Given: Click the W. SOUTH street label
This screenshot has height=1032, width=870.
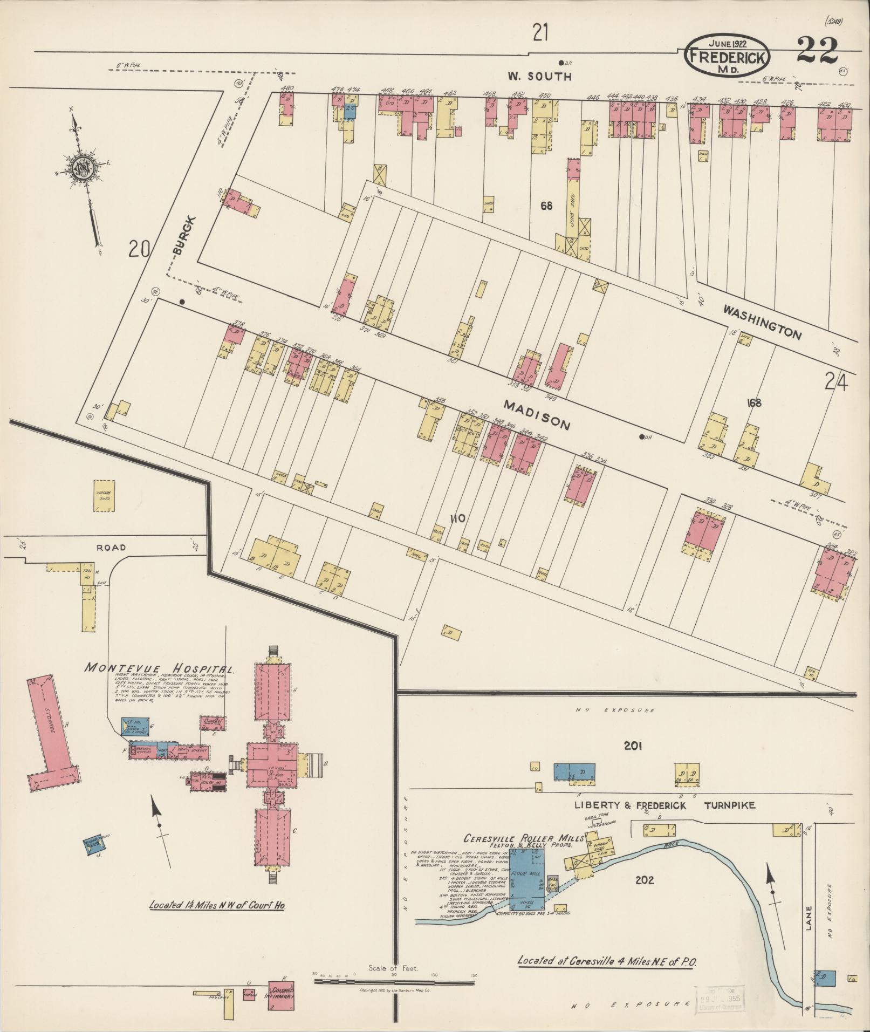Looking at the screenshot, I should click(539, 77).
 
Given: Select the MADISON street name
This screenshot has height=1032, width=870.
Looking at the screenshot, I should click(537, 415).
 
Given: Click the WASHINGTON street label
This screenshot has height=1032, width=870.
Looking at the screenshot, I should click(762, 322).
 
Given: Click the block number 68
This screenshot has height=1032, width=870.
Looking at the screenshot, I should click(546, 206).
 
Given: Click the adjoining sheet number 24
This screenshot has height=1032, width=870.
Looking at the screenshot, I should click(835, 382).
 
